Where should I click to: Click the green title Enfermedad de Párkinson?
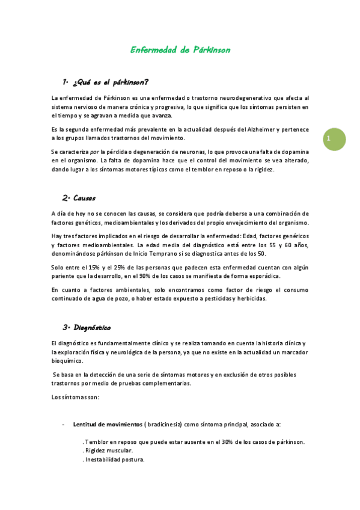[x=180, y=50]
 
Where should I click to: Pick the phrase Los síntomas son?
[x=75, y=397]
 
